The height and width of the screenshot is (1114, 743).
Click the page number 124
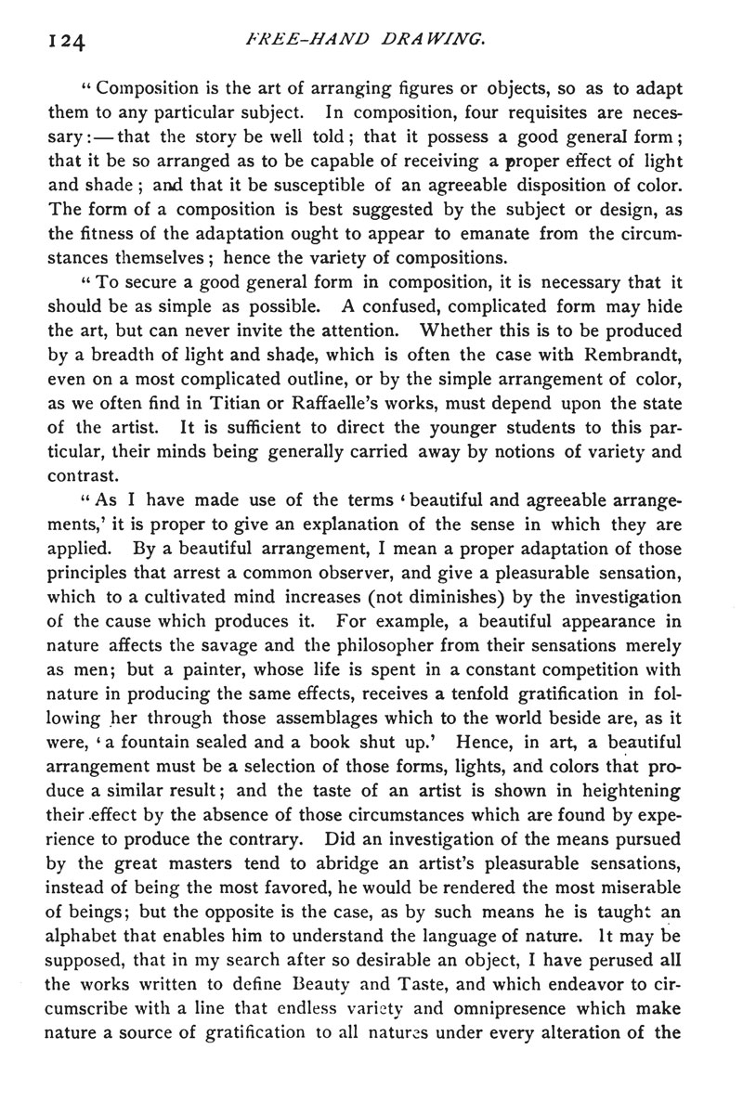[x=62, y=41]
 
